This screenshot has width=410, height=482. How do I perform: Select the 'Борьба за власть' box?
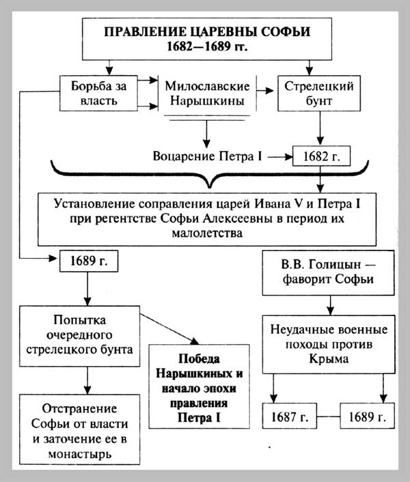(x=94, y=93)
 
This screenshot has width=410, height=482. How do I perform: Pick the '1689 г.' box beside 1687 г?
(x=369, y=415)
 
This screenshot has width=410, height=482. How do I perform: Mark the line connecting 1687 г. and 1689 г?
(x=329, y=415)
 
